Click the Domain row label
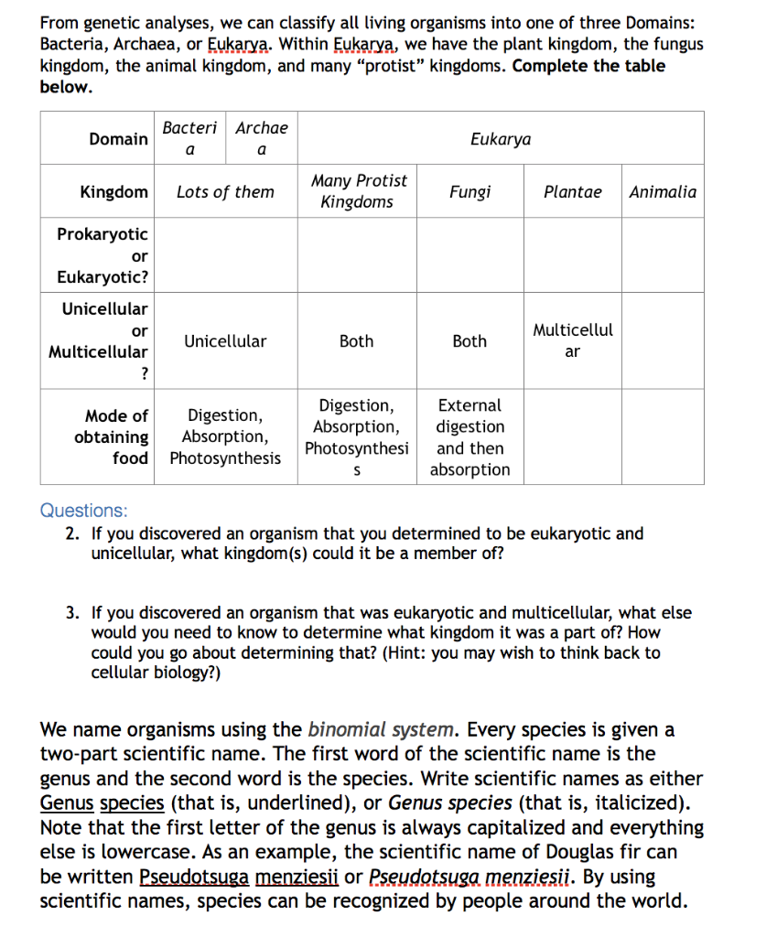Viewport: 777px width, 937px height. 118,139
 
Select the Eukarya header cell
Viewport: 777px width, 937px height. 500,139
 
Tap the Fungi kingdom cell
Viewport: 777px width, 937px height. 469,192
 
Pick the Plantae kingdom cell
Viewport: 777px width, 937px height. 572,192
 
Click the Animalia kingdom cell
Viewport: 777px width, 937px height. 663,192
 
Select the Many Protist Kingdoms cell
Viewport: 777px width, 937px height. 358,191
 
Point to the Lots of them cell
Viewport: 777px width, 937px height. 225,192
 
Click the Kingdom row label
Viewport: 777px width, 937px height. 113,192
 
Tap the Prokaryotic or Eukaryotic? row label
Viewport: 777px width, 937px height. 102,255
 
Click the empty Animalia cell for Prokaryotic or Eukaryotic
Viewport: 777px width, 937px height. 663,255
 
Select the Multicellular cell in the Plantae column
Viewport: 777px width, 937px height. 572,340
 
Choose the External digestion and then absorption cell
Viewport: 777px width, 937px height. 469,437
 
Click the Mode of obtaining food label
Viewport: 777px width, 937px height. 111,437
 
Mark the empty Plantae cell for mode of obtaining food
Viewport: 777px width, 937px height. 572,437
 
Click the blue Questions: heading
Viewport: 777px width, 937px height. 84,511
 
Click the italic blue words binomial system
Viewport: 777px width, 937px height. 381,729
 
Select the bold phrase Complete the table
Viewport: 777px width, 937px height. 589,66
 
